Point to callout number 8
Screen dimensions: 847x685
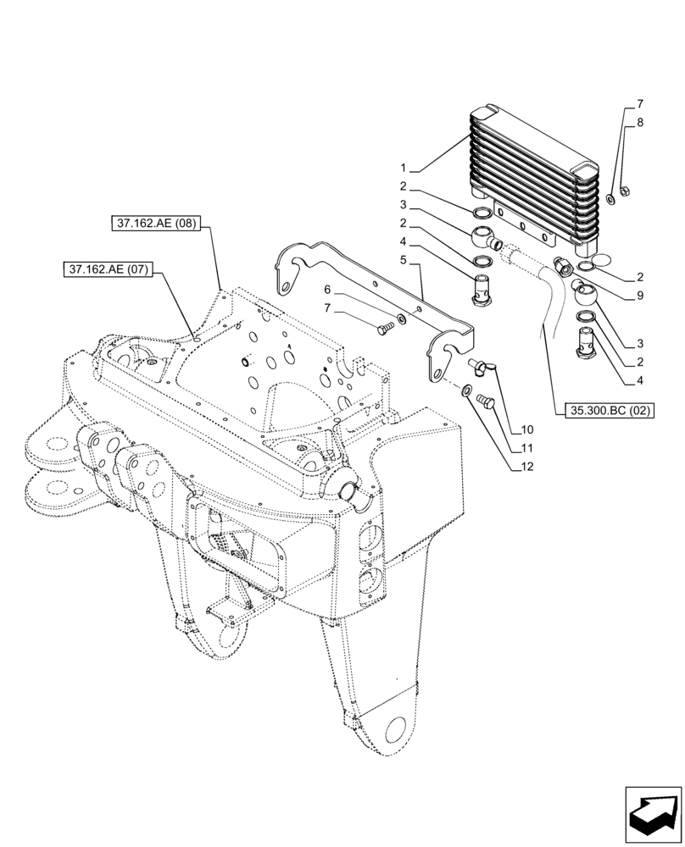coord(640,122)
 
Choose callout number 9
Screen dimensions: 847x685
coord(640,296)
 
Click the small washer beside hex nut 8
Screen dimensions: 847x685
coord(610,201)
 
